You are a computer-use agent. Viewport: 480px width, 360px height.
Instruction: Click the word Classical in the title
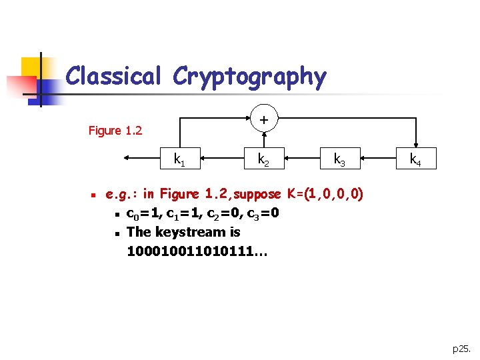113,76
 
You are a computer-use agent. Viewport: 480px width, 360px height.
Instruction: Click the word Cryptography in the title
249,77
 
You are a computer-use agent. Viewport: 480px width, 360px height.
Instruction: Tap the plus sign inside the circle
265,120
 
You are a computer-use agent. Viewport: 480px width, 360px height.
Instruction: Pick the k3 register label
339,159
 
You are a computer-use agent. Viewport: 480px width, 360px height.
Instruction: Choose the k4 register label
415,159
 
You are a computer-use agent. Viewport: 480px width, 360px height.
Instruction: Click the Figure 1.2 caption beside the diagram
115,131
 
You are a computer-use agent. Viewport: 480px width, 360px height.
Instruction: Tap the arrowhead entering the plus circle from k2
265,133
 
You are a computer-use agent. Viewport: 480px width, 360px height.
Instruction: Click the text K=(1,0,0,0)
325,195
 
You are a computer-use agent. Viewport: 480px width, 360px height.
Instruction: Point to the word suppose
257,195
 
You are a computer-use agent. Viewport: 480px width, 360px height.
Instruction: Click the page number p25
461,348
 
